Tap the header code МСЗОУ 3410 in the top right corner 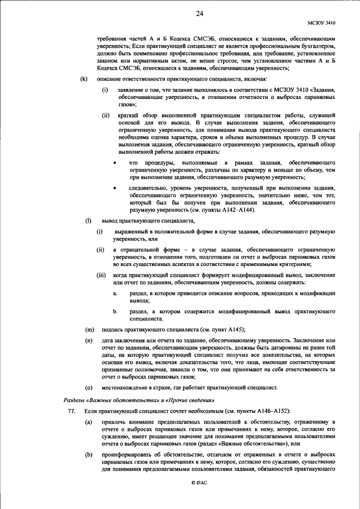click(321, 24)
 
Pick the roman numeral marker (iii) click(102, 276)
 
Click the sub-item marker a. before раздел click(115, 294)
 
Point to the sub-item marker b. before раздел click(115, 310)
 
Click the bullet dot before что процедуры click(115, 162)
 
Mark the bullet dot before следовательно click(115, 187)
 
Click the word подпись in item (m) click(114, 329)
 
